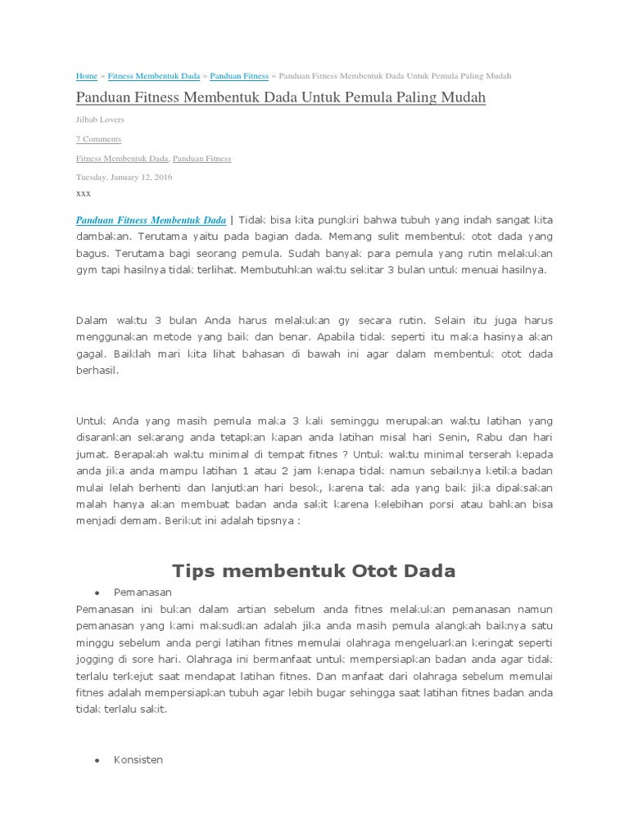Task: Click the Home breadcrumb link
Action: click(86, 76)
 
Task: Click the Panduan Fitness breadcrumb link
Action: click(239, 76)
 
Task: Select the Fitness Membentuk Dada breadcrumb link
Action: click(154, 76)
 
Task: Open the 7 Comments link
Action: click(98, 139)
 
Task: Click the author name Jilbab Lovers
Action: click(100, 119)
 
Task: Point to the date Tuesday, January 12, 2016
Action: click(124, 177)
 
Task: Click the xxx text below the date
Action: click(83, 194)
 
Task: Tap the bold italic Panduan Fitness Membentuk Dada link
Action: click(151, 220)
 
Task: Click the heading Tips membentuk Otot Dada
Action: click(314, 570)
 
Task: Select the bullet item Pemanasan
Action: click(143, 591)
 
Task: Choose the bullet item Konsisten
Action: click(138, 759)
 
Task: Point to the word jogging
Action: click(95, 659)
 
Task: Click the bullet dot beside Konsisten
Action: click(97, 760)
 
